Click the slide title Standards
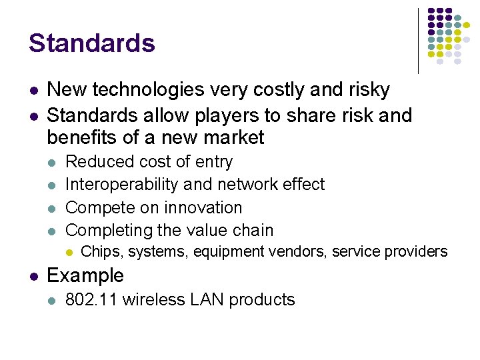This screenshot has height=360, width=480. (x=91, y=43)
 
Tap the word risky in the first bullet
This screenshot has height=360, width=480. (x=365, y=89)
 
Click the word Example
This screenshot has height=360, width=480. (x=85, y=275)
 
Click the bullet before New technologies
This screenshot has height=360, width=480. (x=33, y=90)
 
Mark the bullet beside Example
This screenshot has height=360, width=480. (x=33, y=276)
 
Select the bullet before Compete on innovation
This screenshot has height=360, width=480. (x=53, y=208)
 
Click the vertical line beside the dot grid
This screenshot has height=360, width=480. (x=418, y=40)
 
